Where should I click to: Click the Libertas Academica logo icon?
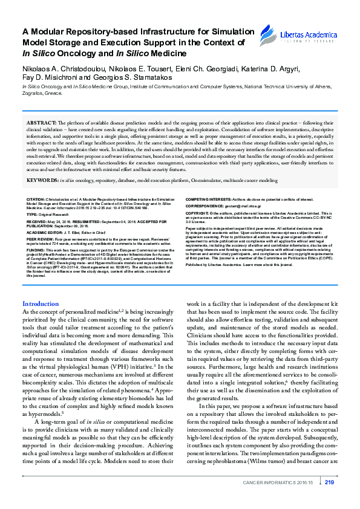(x=266, y=34)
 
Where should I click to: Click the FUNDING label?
(x=35, y=250)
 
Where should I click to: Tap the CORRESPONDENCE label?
(x=204, y=206)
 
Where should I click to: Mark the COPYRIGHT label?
(x=198, y=213)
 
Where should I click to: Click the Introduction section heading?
(x=41, y=303)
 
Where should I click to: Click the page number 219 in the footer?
(x=329, y=482)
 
